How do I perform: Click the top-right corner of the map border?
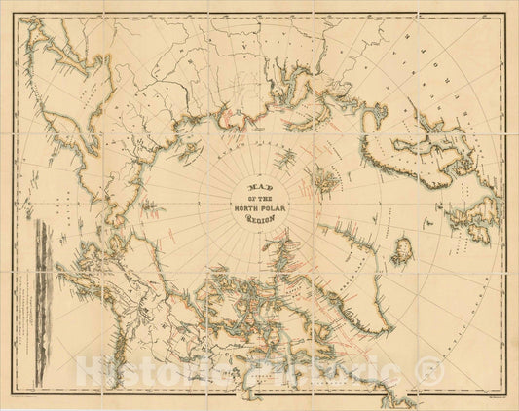click(x=507, y=11)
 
